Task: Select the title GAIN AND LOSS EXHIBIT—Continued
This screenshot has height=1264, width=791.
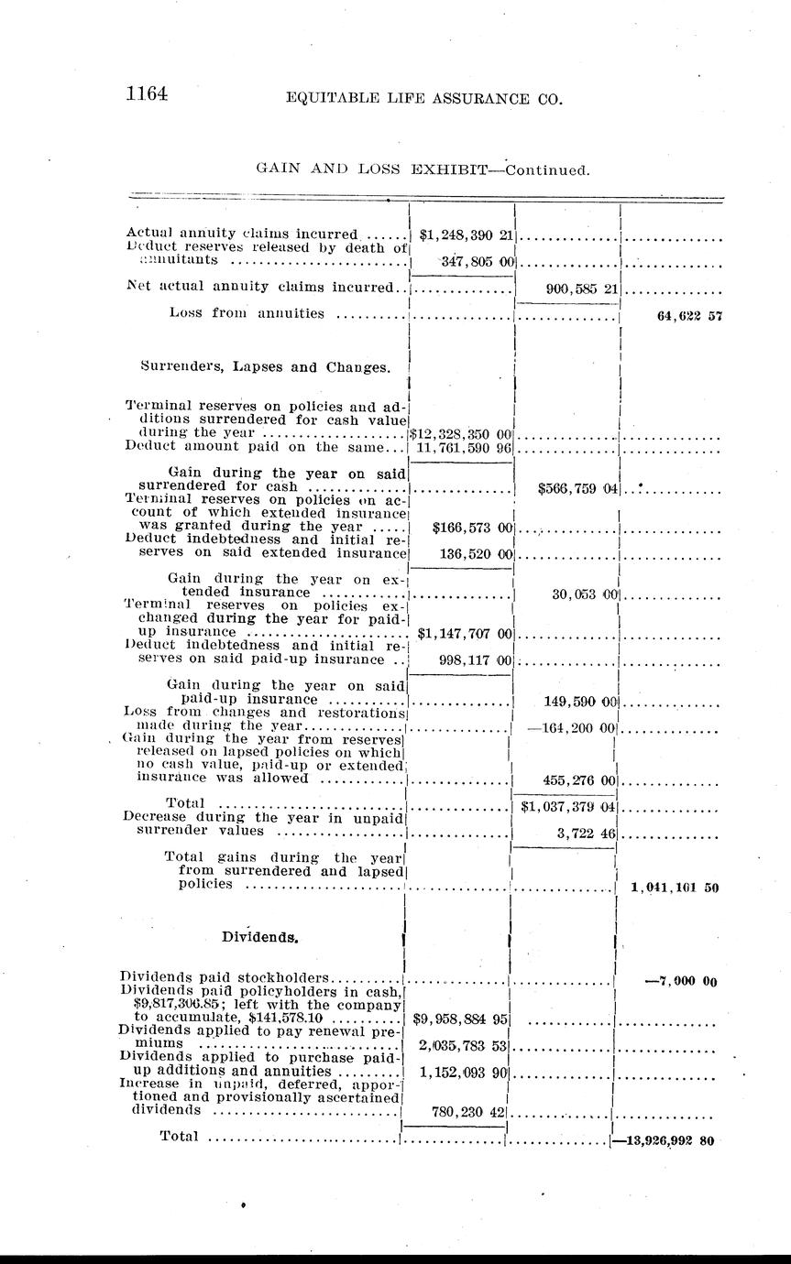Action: click(422, 169)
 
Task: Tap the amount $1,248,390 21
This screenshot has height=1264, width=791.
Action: click(466, 234)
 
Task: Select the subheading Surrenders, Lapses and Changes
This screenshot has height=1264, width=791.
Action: click(267, 367)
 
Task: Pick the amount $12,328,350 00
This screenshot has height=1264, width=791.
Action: click(461, 432)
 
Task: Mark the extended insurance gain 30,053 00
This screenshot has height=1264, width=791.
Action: click(587, 594)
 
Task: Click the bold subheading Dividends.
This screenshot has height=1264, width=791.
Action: click(260, 937)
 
